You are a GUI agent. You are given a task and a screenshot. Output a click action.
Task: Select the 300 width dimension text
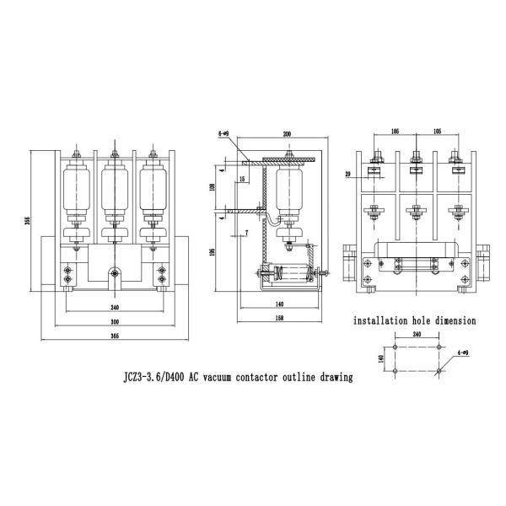113,321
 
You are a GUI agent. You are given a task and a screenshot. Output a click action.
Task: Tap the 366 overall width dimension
113,336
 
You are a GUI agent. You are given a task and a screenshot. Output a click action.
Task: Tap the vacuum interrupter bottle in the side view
288,193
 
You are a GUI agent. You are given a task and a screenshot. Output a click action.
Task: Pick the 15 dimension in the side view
242,180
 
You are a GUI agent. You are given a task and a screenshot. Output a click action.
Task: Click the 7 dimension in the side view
246,231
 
